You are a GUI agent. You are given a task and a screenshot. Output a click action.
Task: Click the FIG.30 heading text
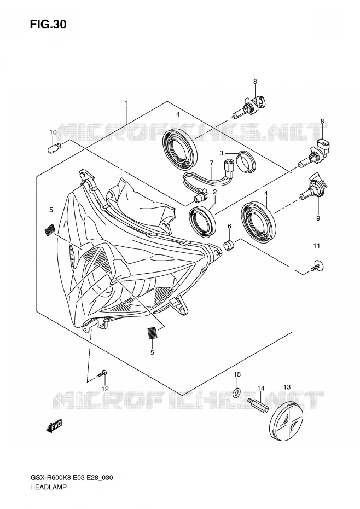[48, 24]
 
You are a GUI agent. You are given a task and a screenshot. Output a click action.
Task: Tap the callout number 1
[126, 103]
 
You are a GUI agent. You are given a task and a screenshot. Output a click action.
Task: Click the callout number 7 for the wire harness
[211, 163]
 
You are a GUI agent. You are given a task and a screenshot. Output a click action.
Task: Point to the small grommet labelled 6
[229, 245]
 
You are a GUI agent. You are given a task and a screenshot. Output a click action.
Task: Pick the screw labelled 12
[102, 373]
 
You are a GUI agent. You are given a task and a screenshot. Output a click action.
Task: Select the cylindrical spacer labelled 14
[258, 405]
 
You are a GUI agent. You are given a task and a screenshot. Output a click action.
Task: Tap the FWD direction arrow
[54, 426]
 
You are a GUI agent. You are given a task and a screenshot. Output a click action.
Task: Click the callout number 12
[104, 389]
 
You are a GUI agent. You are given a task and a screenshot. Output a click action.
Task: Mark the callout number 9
[318, 218]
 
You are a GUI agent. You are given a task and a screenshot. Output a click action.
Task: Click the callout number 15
[237, 374]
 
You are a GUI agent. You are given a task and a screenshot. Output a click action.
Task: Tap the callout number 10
[53, 132]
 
